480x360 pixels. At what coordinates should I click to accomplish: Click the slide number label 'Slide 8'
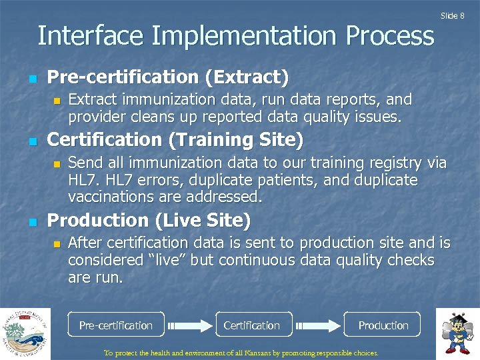[452, 16]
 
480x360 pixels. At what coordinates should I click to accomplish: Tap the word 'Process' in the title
[390, 35]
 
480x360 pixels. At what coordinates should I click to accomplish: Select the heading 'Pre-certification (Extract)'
[168, 77]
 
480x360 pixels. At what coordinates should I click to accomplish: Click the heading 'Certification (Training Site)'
[175, 140]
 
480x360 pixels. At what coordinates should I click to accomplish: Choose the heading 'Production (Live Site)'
[149, 220]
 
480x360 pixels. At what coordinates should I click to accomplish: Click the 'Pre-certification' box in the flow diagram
[116, 325]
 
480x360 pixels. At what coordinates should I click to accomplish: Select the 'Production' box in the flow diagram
[382, 325]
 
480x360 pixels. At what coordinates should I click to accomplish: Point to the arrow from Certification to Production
[317, 325]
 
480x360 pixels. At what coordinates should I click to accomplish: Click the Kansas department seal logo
[25, 334]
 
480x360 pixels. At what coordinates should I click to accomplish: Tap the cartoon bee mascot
[457, 333]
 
